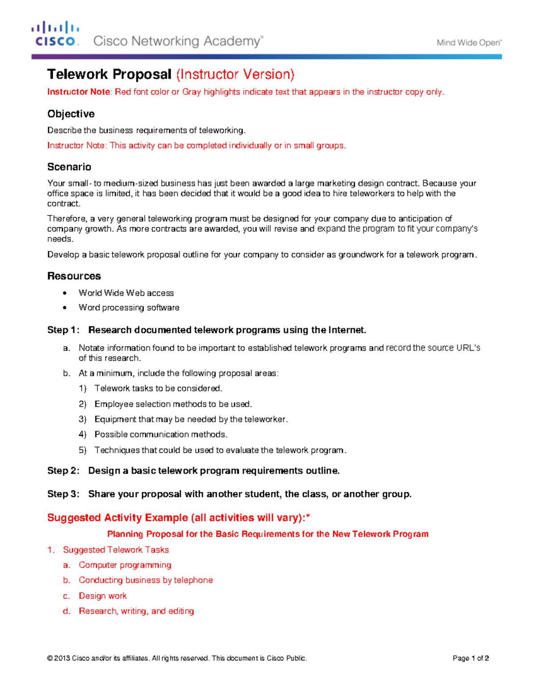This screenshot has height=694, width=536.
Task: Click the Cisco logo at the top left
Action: (55, 34)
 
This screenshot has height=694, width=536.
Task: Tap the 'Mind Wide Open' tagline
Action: (469, 43)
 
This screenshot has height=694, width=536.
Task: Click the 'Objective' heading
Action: (71, 114)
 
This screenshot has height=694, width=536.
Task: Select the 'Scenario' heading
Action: (69, 167)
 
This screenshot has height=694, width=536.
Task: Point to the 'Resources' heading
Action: (74, 276)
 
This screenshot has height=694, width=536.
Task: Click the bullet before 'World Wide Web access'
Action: (65, 293)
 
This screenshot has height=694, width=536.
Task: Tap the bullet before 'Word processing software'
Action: (65, 308)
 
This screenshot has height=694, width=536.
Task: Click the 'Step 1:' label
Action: (63, 330)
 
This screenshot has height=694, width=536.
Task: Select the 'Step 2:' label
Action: (63, 471)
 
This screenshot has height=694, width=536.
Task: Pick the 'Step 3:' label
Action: (63, 494)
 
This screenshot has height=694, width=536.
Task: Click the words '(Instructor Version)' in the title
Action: (235, 74)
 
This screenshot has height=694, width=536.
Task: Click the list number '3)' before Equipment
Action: (83, 420)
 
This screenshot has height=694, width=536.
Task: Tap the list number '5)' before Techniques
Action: (83, 450)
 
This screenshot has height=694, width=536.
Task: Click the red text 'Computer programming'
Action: (125, 565)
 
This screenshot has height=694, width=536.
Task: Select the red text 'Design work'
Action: (103, 596)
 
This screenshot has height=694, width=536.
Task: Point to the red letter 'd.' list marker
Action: (67, 611)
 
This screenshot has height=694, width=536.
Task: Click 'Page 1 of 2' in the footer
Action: (471, 658)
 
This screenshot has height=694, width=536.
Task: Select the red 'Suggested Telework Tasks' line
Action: (116, 550)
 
